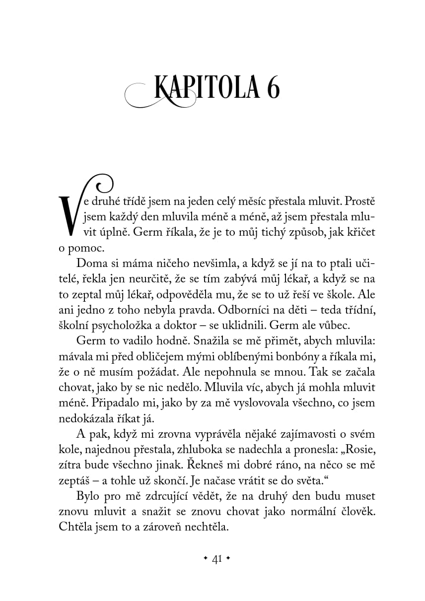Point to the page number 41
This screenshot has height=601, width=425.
tap(216, 559)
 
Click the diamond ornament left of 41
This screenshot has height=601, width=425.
tap(206, 559)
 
